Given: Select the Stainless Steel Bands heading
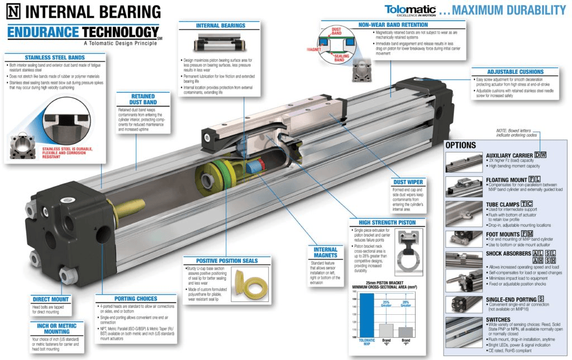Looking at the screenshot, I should coord(54,57).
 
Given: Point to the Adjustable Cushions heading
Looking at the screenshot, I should coord(514,71).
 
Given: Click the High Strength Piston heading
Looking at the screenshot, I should coord(383,223).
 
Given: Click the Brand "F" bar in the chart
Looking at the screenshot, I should coord(406,333).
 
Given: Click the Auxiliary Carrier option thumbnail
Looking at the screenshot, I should coord(463,162).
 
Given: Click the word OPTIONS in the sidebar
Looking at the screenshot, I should coord(461,145).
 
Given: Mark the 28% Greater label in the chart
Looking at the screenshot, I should coord(406,304).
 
